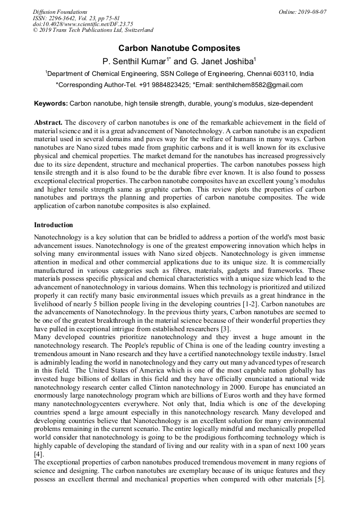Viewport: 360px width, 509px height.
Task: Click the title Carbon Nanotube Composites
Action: click(179, 48)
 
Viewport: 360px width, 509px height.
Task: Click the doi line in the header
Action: click(83, 24)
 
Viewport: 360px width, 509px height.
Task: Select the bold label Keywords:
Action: click(51, 103)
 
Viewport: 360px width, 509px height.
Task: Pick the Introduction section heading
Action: click(53, 225)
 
